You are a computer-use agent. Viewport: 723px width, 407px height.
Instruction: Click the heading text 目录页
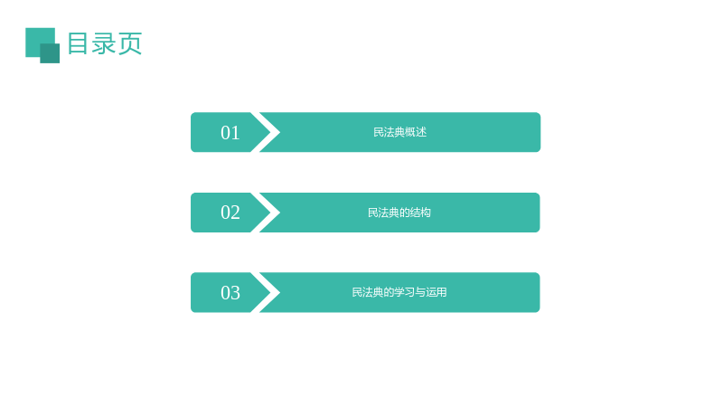(x=105, y=43)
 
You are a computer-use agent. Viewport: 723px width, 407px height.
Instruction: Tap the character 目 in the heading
(x=78, y=43)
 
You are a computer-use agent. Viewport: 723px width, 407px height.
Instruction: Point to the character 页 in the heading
(x=130, y=43)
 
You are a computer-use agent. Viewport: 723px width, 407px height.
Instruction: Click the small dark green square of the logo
(x=50, y=53)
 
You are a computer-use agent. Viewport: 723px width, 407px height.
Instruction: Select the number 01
(x=230, y=133)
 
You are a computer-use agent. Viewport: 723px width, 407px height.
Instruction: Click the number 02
(x=230, y=213)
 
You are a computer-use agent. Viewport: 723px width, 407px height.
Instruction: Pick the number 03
(x=230, y=293)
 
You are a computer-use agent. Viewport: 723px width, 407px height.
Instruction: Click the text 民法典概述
(x=399, y=132)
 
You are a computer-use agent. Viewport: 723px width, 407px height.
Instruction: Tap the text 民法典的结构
(x=399, y=213)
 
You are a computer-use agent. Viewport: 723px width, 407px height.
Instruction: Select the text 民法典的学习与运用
(x=399, y=292)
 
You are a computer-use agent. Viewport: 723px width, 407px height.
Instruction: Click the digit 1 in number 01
(x=236, y=133)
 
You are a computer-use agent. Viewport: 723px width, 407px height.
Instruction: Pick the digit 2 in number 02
(x=235, y=213)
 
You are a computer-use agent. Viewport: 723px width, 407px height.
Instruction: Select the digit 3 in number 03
(x=235, y=293)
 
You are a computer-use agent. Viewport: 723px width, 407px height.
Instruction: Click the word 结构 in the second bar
(x=420, y=213)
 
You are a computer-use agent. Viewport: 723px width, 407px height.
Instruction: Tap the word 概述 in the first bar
(x=416, y=132)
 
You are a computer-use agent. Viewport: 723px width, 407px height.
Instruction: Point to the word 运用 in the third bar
(x=437, y=292)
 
